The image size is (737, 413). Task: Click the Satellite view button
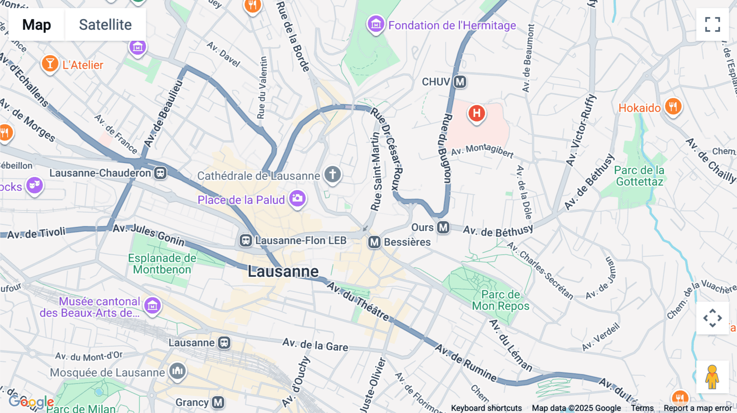[x=105, y=25]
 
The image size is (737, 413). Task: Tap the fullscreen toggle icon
[x=712, y=25]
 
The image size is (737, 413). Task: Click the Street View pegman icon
[x=712, y=377]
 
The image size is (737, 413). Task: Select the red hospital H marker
[x=477, y=113]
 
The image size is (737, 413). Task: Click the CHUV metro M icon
[x=460, y=82]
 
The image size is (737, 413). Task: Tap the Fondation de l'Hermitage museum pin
[x=376, y=25]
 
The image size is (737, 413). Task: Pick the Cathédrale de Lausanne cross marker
[x=332, y=175]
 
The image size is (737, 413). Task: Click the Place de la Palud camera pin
[x=298, y=199]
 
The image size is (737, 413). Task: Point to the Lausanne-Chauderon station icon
[x=160, y=173]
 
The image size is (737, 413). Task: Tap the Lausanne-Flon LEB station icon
[x=246, y=240]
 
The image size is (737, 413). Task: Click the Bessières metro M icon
[x=374, y=242]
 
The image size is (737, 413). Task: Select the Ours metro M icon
[x=443, y=227]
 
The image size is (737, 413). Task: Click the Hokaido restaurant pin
[x=673, y=107]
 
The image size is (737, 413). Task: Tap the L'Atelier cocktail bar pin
[x=50, y=64]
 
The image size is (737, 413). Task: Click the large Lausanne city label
[x=283, y=272]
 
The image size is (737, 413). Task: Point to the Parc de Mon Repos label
[x=500, y=300]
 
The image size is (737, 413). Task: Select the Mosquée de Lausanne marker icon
[x=177, y=371]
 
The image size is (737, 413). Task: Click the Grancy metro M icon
[x=218, y=402]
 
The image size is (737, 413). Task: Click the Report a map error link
[x=697, y=408]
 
